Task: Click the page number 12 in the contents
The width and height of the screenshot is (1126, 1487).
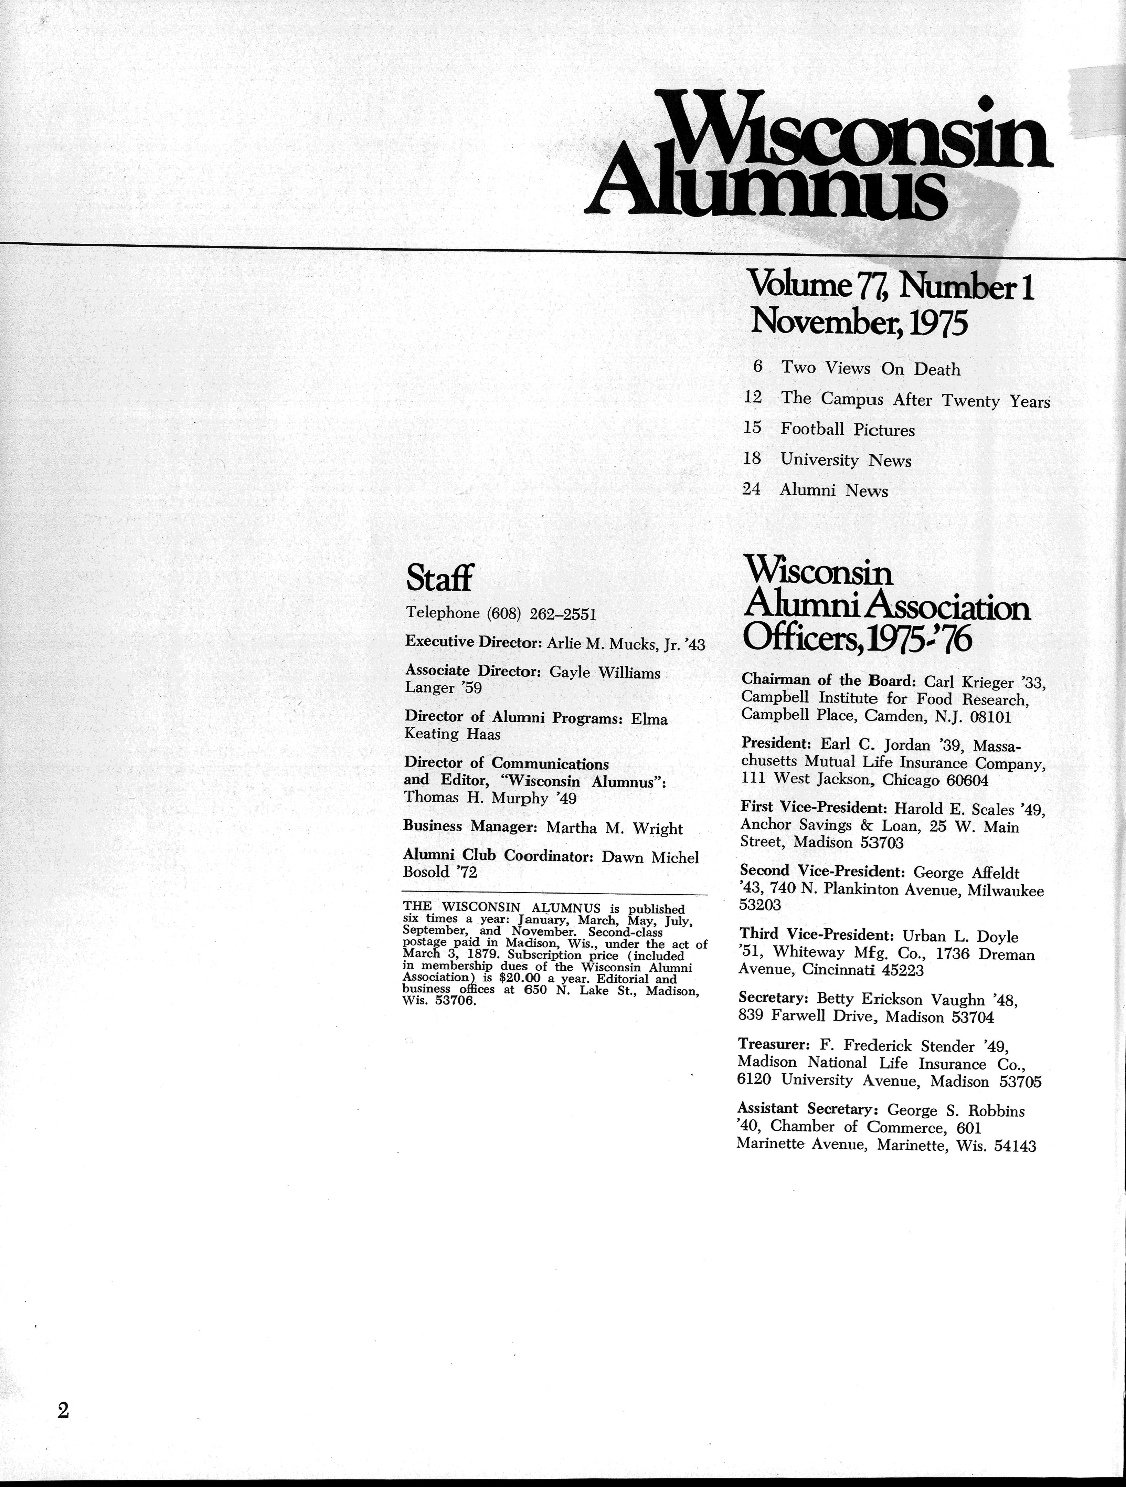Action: click(x=753, y=397)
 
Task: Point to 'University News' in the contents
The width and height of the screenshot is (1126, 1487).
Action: click(x=846, y=461)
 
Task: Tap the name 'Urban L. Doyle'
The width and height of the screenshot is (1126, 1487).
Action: click(x=960, y=937)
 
